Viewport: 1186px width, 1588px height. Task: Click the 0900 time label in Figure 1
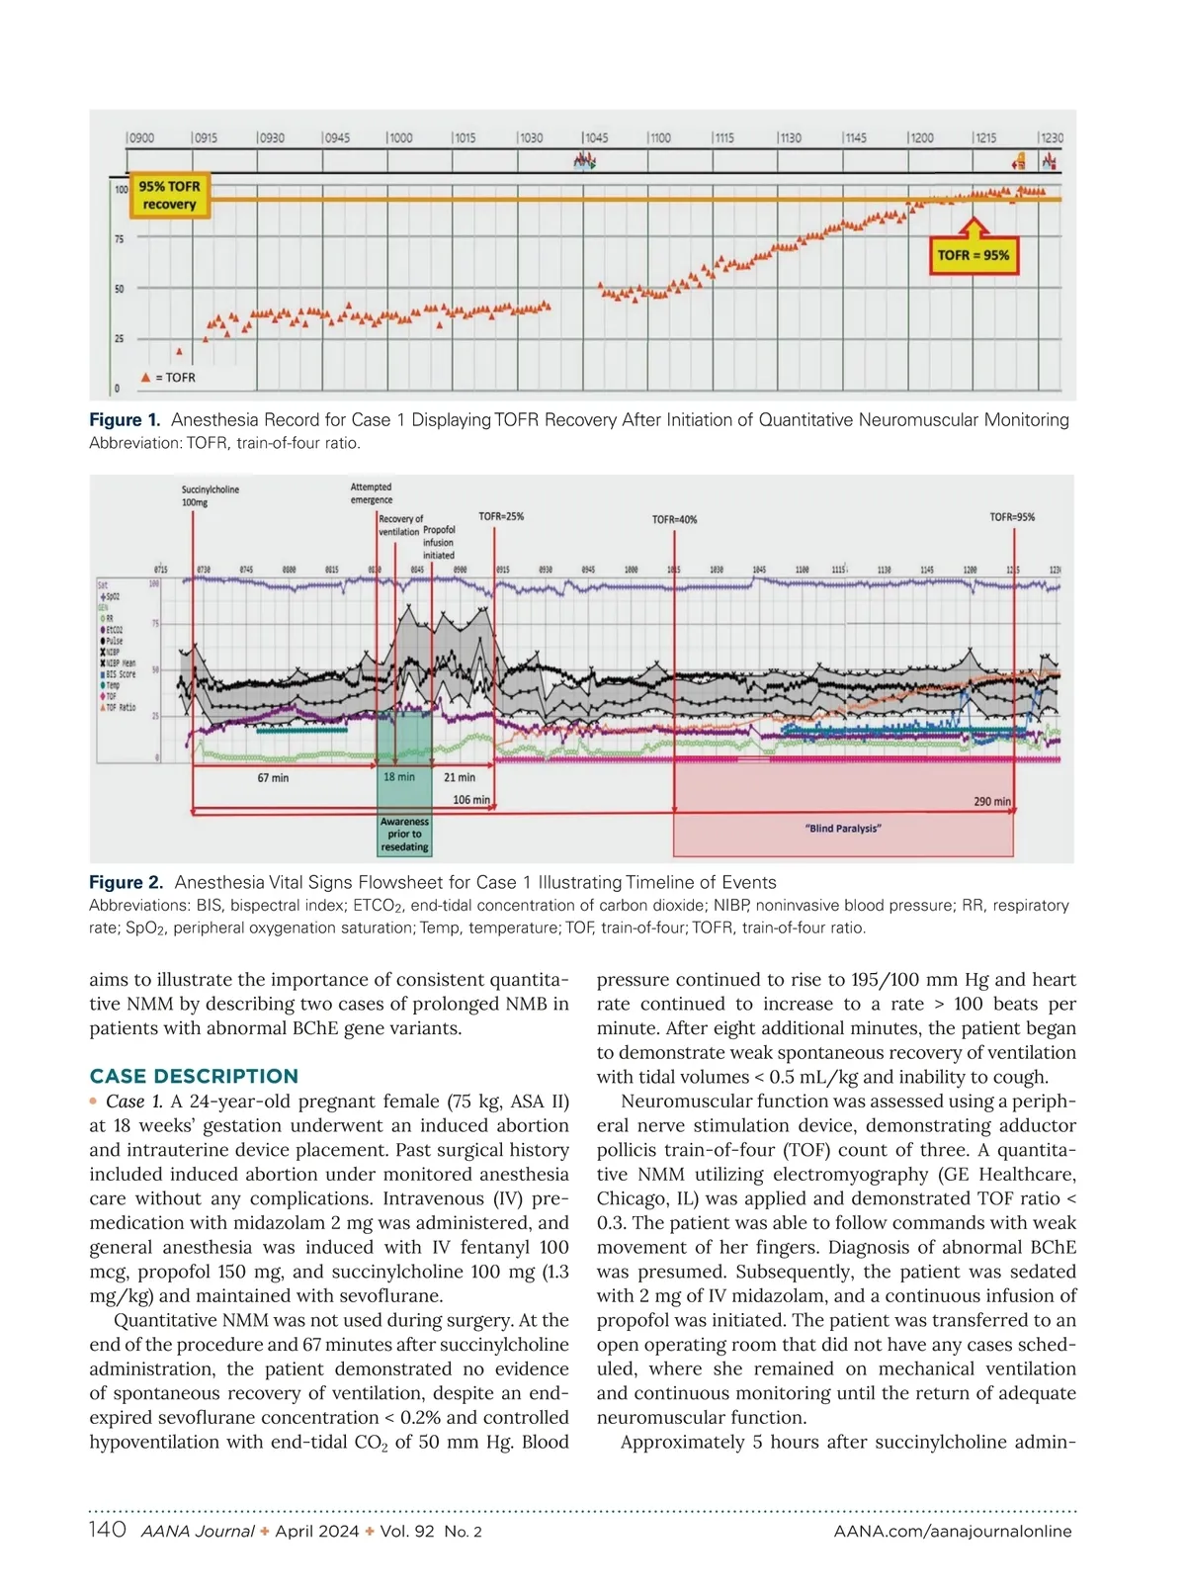pyautogui.click(x=141, y=137)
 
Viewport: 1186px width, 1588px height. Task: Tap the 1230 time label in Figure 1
pyautogui.click(x=1052, y=137)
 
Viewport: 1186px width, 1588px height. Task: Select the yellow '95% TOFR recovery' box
pyautogui.click(x=169, y=196)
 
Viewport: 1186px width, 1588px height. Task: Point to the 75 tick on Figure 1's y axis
pyautogui.click(x=120, y=239)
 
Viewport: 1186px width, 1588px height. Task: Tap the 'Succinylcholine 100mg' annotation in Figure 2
pyautogui.click(x=210, y=495)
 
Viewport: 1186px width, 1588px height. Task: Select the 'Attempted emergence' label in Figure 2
pyautogui.click(x=372, y=492)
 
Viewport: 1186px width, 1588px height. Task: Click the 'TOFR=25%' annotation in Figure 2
pyautogui.click(x=501, y=516)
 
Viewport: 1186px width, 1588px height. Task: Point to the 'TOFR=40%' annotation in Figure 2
pyautogui.click(x=674, y=519)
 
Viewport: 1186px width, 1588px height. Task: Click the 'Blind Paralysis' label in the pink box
pyautogui.click(x=843, y=829)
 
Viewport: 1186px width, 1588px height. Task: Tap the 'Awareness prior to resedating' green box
pyautogui.click(x=404, y=834)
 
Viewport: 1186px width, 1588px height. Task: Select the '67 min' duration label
pyautogui.click(x=273, y=778)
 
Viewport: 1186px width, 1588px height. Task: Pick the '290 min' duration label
pyautogui.click(x=992, y=801)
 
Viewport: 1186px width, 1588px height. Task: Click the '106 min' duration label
pyautogui.click(x=470, y=799)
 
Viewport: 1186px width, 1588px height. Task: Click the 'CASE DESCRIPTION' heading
pyautogui.click(x=194, y=1076)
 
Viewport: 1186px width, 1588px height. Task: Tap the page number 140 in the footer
pyautogui.click(x=108, y=1530)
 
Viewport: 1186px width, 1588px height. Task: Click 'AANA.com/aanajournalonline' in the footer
pyautogui.click(x=953, y=1531)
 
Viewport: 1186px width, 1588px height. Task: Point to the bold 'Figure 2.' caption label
pyautogui.click(x=126, y=882)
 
